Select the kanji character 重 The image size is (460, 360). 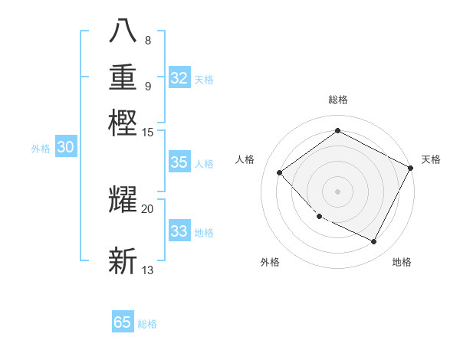pyautogui.click(x=123, y=78)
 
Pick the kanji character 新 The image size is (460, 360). pyautogui.click(x=123, y=260)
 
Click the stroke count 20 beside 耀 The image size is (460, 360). pyautogui.click(x=148, y=208)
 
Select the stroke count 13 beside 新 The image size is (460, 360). pyautogui.click(x=148, y=270)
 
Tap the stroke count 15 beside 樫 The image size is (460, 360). pyautogui.click(x=148, y=133)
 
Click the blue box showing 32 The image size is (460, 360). pyautogui.click(x=179, y=78)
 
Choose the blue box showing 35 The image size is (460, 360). pyautogui.click(x=179, y=162)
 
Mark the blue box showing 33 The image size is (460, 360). pyautogui.click(x=179, y=231)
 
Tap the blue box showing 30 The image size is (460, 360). pyautogui.click(x=65, y=148)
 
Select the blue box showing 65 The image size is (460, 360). pyautogui.click(x=123, y=322)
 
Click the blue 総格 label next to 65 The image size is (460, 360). pyautogui.click(x=147, y=324)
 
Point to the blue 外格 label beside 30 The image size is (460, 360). pyautogui.click(x=41, y=149)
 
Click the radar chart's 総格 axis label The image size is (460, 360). pyautogui.click(x=337, y=100)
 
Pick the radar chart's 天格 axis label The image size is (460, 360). pyautogui.click(x=431, y=159)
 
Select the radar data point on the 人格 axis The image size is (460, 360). pyautogui.click(x=280, y=172)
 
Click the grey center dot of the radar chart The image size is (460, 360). pyautogui.click(x=337, y=191)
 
